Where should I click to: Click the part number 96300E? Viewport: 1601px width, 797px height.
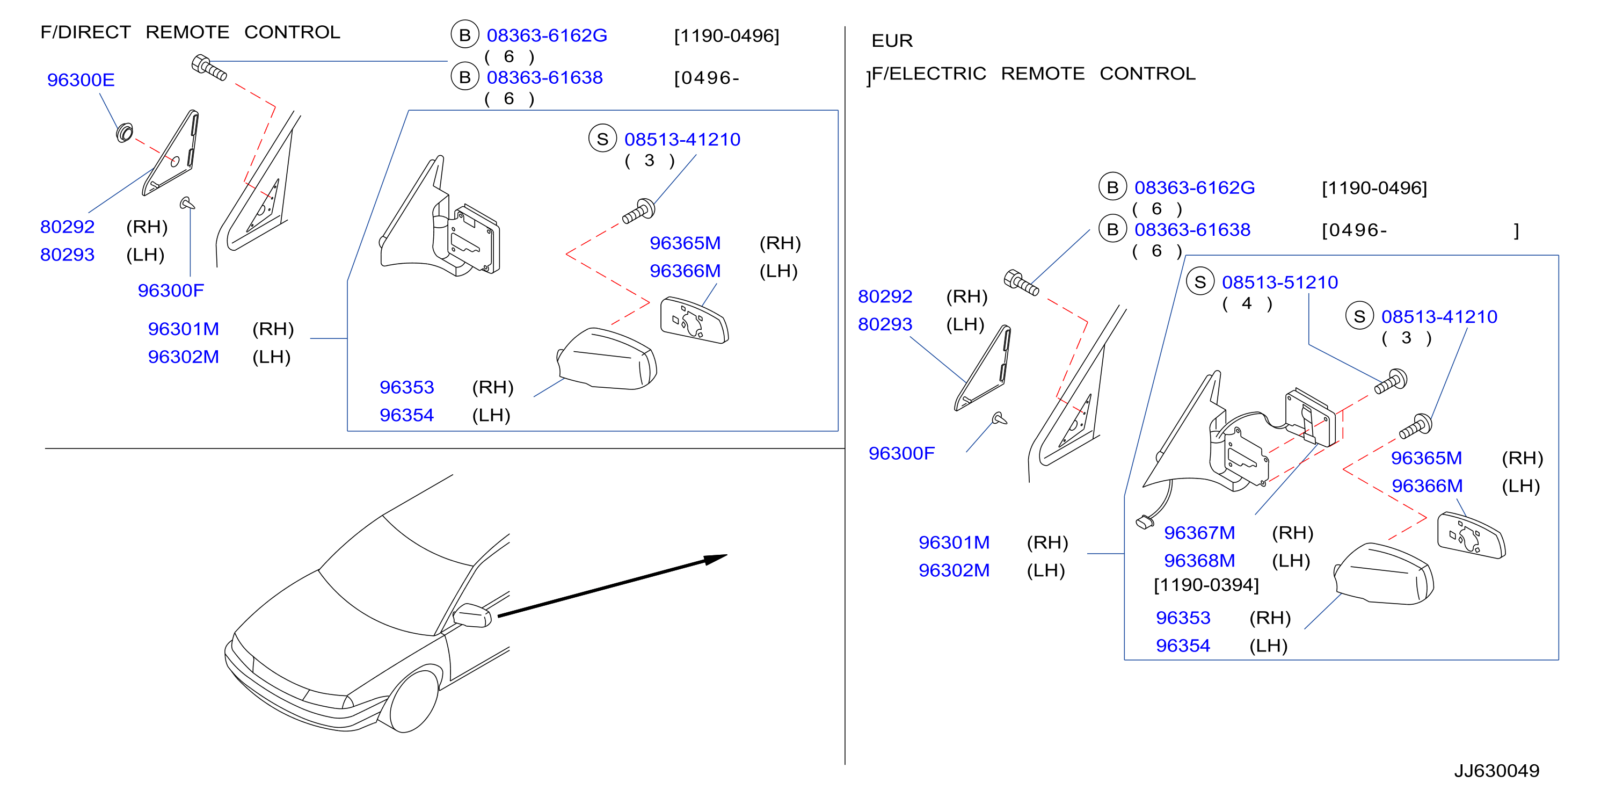pos(81,80)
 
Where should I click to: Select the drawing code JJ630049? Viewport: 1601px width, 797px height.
pos(1497,771)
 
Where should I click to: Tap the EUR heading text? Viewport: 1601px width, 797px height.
pos(892,41)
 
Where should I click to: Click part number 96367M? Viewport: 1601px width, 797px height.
pos(1199,533)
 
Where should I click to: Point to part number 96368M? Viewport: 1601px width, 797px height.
pos(1199,561)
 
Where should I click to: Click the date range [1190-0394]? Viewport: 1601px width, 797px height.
pos(1206,585)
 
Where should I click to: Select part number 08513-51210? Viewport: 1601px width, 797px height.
pos(1280,282)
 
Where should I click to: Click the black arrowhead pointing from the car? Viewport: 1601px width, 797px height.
pos(715,559)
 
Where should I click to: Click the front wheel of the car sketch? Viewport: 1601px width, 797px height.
pos(413,699)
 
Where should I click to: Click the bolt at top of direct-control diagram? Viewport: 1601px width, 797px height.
pos(209,67)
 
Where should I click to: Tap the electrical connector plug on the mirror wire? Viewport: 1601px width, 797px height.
pos(1144,522)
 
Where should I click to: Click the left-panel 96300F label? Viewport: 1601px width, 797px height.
pos(171,291)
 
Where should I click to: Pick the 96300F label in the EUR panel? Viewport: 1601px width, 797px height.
pos(901,453)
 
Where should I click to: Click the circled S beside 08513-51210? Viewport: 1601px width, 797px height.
pos(1200,282)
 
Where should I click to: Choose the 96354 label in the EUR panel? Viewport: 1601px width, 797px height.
pos(1183,646)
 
